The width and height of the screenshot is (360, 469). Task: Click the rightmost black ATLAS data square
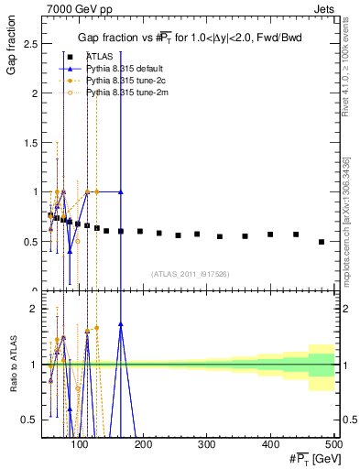(321, 242)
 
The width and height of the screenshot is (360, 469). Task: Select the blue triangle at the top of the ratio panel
(121, 324)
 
